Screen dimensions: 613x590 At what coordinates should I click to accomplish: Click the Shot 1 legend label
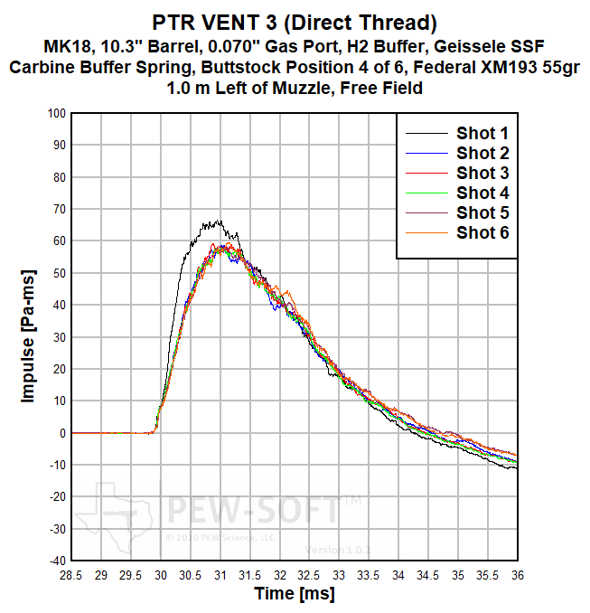(x=482, y=133)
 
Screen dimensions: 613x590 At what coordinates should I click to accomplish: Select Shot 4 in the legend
(x=482, y=193)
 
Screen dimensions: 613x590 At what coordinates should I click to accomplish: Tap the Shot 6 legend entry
(x=482, y=232)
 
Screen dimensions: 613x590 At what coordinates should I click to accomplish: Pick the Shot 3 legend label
(x=482, y=173)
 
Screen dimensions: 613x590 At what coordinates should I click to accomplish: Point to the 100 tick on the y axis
(x=56, y=113)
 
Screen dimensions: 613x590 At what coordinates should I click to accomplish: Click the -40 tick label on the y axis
(x=56, y=561)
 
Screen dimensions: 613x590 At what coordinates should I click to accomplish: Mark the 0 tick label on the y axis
(x=62, y=433)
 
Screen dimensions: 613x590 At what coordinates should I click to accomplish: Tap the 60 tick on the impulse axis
(x=59, y=241)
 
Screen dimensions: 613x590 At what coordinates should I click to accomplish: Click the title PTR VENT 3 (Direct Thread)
(x=295, y=21)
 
